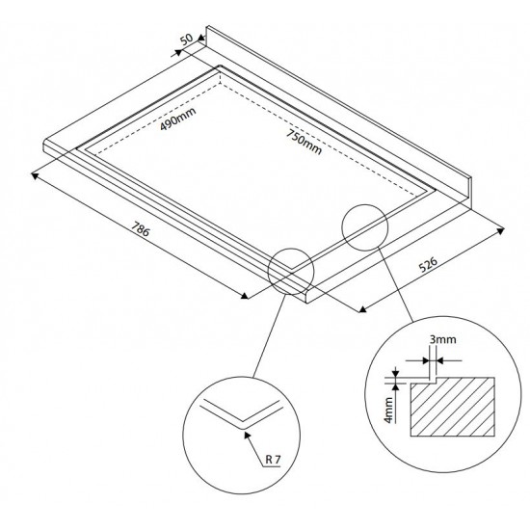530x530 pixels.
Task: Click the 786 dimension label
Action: (140, 229)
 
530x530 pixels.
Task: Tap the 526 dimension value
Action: (428, 264)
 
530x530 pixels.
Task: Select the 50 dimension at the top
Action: (186, 39)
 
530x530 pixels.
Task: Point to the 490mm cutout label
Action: (178, 119)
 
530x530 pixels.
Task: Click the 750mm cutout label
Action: (304, 142)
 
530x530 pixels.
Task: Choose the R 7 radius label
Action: (273, 460)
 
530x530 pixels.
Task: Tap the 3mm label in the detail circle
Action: (443, 339)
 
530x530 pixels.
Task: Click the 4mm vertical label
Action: (388, 410)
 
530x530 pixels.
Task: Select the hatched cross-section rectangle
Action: (452, 407)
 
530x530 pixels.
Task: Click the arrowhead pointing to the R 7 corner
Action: (248, 436)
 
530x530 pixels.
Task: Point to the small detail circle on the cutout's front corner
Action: (291, 272)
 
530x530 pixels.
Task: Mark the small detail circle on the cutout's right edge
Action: (365, 227)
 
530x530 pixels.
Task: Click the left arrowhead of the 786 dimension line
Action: (35, 175)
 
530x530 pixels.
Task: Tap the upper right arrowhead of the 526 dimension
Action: (500, 231)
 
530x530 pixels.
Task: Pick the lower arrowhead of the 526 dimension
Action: (362, 309)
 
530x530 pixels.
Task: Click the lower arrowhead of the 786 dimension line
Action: (244, 296)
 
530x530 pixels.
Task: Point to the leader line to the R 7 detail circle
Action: (269, 335)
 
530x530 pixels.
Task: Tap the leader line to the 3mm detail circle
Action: (395, 284)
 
